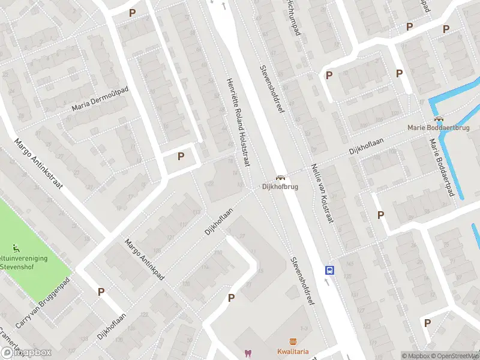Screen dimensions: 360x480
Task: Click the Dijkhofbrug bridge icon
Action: [280, 178]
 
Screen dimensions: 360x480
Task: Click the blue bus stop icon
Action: [329, 270]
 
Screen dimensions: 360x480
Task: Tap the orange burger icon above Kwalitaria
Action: [292, 341]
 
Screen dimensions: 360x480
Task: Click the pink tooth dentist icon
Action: [246, 353]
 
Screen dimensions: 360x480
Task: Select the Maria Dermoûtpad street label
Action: [100, 99]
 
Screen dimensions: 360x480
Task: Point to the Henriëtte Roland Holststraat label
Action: [239, 114]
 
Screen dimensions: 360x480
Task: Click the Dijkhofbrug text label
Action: [280, 187]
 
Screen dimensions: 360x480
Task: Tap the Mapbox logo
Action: [26, 353]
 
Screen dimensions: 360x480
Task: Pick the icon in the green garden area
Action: [16, 248]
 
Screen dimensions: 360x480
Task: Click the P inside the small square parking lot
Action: [181, 156]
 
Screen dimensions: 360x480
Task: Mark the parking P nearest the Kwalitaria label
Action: [231, 298]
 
